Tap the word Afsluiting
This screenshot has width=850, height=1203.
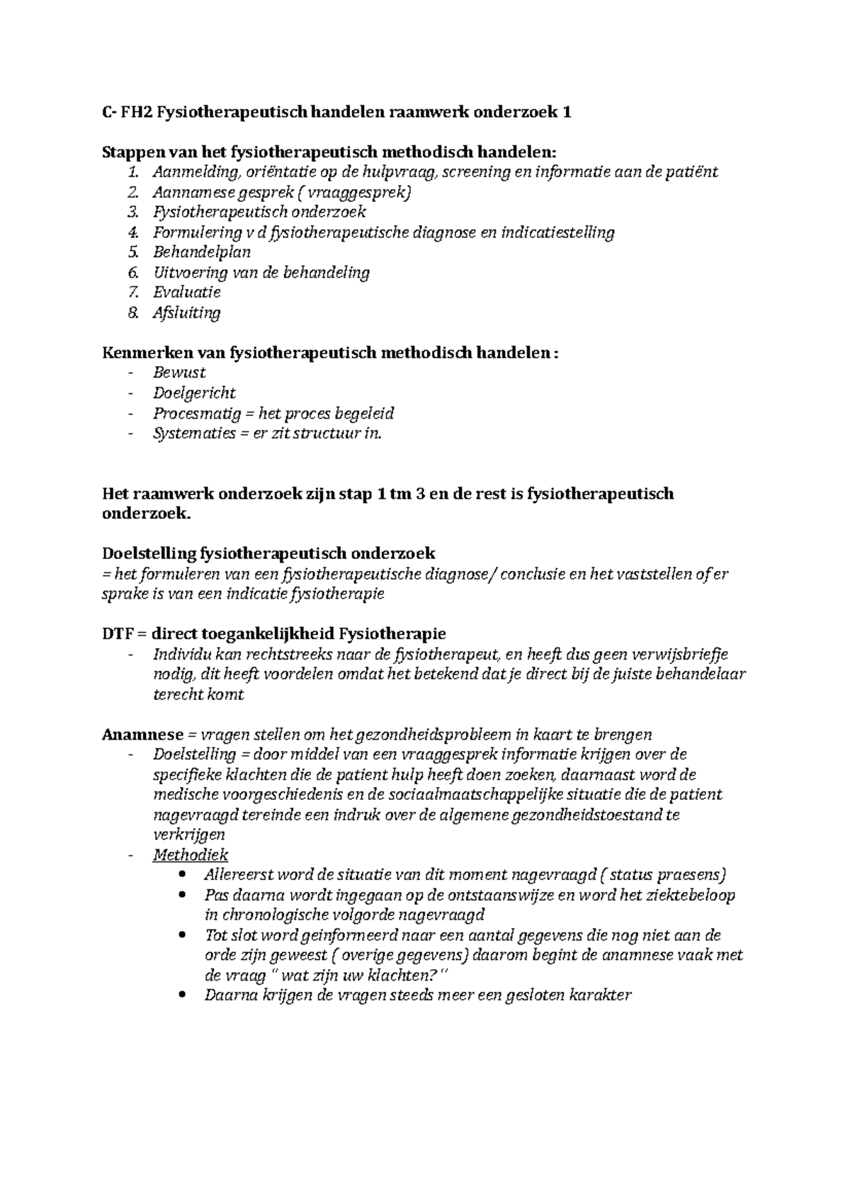coord(186,312)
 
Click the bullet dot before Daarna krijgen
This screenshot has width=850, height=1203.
coord(185,995)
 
